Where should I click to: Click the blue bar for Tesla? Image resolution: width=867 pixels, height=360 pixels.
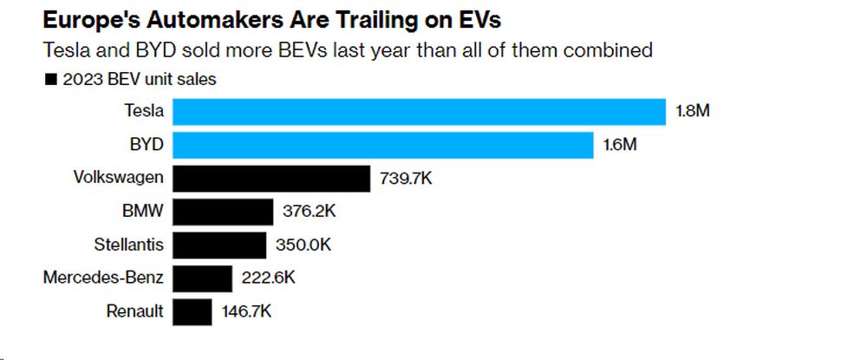[x=419, y=112]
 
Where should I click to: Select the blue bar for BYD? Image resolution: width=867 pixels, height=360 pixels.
[x=382, y=145]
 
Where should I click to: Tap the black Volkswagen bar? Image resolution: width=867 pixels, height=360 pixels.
[x=271, y=179]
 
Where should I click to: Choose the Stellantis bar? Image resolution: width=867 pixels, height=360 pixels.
[x=219, y=245]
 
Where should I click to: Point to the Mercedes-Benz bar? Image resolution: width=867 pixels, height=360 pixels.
[x=203, y=278]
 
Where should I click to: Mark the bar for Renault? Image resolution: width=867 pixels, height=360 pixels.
[x=192, y=311]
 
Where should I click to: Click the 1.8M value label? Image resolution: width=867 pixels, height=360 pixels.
[x=693, y=112]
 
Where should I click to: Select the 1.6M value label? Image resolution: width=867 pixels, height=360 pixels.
[x=620, y=145]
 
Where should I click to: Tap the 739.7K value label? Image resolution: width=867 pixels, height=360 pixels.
[x=406, y=179]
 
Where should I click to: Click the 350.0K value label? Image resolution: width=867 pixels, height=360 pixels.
[x=303, y=245]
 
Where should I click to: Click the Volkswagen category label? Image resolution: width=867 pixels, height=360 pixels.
[x=119, y=178]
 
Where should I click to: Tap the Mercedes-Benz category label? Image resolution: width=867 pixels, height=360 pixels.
[x=103, y=278]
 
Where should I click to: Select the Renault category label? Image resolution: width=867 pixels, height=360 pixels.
[x=134, y=311]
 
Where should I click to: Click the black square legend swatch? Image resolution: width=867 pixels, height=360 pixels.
[x=50, y=80]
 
